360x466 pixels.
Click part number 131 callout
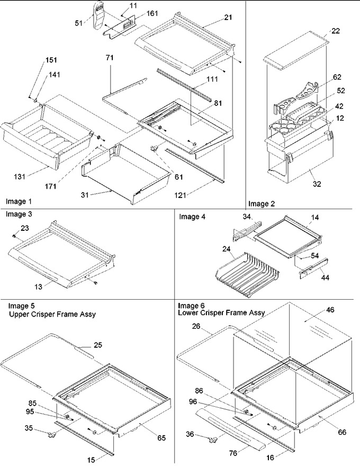click(20, 176)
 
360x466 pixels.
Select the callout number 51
click(78, 23)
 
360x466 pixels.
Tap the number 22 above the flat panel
click(336, 31)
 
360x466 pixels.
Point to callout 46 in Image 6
click(330, 310)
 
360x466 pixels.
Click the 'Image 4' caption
click(192, 217)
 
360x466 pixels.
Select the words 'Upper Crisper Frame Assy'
click(52, 314)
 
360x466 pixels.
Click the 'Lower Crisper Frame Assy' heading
click(221, 312)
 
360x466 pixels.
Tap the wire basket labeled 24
click(248, 275)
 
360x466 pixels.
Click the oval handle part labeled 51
click(100, 15)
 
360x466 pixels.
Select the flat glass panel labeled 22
click(296, 50)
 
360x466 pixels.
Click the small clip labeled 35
click(50, 435)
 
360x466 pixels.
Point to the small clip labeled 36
click(212, 439)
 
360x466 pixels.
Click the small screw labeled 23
click(14, 236)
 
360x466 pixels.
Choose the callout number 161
click(152, 13)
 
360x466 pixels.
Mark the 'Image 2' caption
click(262, 203)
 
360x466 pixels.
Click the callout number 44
click(325, 277)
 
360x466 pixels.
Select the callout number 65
click(161, 437)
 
